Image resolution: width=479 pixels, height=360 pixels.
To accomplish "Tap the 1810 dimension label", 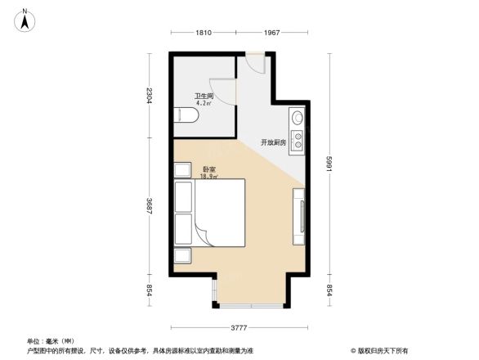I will click(203, 32).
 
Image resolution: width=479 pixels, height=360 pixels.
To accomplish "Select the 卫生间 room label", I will click(204, 96).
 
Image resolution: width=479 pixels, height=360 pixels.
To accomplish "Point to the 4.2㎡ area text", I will click(204, 104).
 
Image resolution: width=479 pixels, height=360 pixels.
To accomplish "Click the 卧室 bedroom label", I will click(209, 169).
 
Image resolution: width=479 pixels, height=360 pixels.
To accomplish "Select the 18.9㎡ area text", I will click(209, 177).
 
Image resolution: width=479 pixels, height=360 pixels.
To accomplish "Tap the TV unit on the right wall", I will click(299, 217).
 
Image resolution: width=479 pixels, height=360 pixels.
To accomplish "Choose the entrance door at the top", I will click(255, 64).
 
